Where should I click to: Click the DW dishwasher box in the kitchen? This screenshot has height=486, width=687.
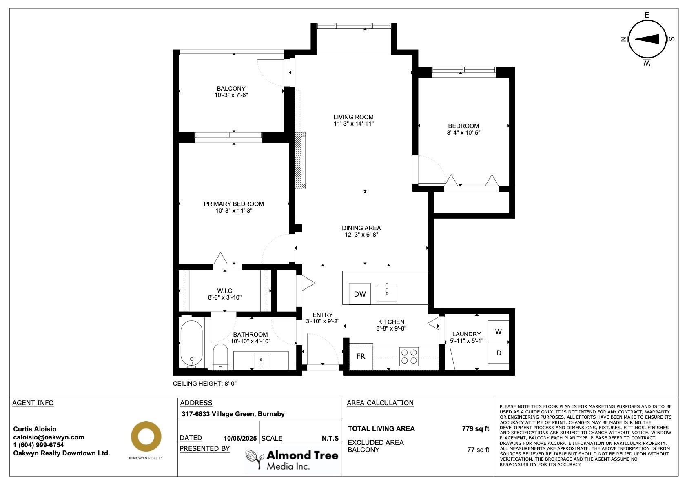(359, 294)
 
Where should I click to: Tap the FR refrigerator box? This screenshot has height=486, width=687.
(361, 356)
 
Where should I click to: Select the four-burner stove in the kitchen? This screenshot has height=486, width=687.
(409, 356)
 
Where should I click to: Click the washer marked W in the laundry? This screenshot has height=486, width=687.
(499, 331)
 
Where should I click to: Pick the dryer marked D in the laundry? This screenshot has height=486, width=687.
(499, 353)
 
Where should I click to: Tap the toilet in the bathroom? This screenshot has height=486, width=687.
(221, 357)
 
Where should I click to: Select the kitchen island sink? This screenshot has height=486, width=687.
(387, 293)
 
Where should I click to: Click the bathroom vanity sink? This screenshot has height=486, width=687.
(261, 360)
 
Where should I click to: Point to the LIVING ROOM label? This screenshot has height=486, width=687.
(353, 117)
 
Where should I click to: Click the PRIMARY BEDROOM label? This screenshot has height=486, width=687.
(234, 204)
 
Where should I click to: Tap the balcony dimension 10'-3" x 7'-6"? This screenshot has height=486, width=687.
(231, 95)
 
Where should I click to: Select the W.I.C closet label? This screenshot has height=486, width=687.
(224, 291)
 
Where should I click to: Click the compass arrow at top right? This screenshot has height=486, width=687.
(647, 39)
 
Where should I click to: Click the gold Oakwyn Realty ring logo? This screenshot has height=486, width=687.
(146, 436)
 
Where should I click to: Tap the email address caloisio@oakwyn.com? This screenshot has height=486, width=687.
(49, 437)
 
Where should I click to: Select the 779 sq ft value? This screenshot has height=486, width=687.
(475, 428)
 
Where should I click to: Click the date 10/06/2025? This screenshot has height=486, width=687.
(240, 438)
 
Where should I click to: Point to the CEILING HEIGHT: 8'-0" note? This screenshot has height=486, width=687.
(204, 384)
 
